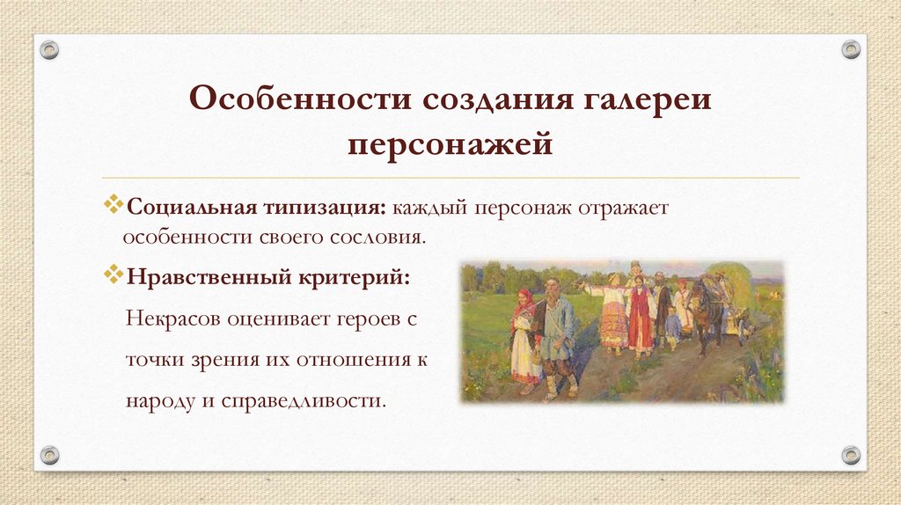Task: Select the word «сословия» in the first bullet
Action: pyautogui.click(x=385, y=238)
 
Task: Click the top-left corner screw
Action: pyautogui.click(x=49, y=49)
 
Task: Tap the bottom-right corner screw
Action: pyautogui.click(x=851, y=455)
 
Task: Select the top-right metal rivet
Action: pyautogui.click(x=851, y=49)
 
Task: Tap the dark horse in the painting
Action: pyautogui.click(x=707, y=312)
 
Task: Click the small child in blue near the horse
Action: pyautogui.click(x=672, y=326)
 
